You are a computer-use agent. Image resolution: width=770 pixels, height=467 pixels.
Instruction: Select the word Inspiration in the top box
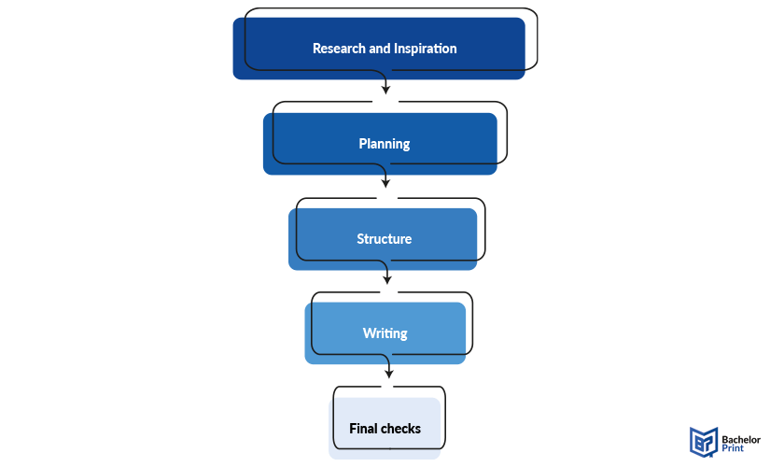[x=426, y=49]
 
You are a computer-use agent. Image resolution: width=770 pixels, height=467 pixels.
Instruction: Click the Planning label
[x=384, y=144]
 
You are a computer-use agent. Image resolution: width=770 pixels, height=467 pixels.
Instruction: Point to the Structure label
[x=384, y=239]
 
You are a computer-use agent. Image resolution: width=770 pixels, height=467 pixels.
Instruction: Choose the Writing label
[x=385, y=333]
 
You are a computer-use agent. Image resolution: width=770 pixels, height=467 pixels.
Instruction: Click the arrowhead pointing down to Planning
[x=386, y=90]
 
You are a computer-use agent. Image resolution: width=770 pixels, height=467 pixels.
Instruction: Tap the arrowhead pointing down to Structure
[x=385, y=183]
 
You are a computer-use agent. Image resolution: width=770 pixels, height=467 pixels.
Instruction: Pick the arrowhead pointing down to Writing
[x=387, y=279]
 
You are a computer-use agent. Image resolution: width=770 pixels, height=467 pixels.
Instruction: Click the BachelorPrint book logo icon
[x=704, y=442]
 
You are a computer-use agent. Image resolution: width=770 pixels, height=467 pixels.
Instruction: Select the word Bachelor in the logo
[x=741, y=440]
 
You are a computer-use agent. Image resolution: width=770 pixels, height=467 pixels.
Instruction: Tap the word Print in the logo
[x=733, y=448]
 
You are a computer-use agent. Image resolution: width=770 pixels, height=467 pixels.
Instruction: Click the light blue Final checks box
[x=385, y=428]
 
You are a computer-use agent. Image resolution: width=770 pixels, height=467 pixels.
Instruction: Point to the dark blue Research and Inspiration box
[x=379, y=49]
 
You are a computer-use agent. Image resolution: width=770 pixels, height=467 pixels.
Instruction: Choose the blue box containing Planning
[x=380, y=144]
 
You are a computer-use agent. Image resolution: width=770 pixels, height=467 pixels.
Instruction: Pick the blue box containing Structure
[x=383, y=239]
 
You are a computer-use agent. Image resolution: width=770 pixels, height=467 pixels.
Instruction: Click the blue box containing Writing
[x=385, y=333]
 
